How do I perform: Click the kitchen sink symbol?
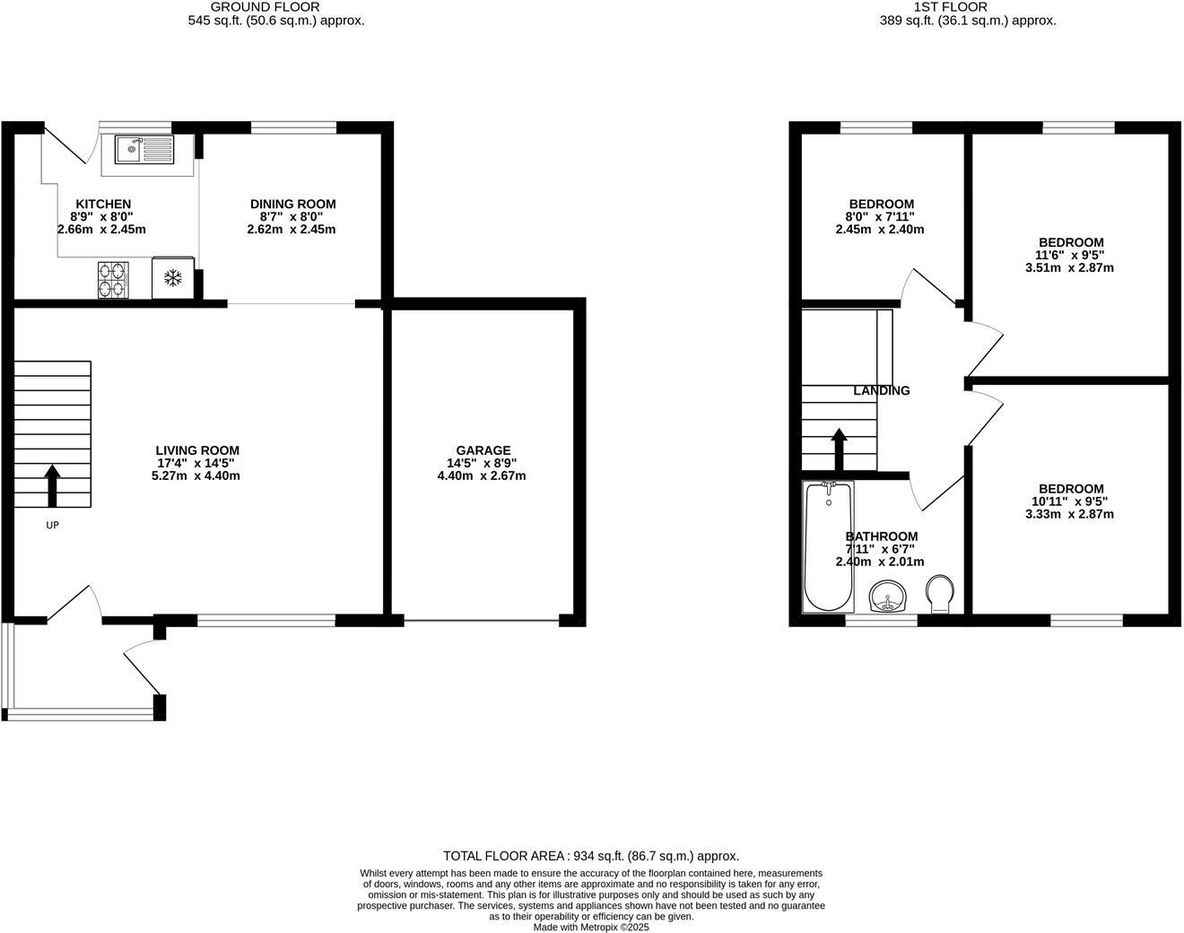tap(144, 149)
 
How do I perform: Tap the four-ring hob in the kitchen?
tap(113, 278)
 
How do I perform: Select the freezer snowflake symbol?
tap(172, 278)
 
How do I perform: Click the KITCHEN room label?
tap(103, 205)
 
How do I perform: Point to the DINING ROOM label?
tap(292, 205)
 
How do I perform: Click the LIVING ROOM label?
tap(197, 450)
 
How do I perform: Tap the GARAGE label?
tap(483, 450)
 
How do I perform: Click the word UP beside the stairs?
tap(52, 525)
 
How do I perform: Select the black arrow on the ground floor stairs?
tap(52, 484)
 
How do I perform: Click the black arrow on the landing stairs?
tap(839, 449)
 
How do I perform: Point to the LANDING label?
tap(881, 390)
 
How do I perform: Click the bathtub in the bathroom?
tap(828, 545)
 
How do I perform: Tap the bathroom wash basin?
tap(888, 596)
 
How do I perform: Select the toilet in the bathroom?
tap(939, 594)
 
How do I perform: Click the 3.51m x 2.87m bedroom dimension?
tap(1071, 267)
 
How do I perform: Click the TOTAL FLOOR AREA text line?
tap(591, 856)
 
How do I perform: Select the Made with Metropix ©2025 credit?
tap(591, 927)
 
